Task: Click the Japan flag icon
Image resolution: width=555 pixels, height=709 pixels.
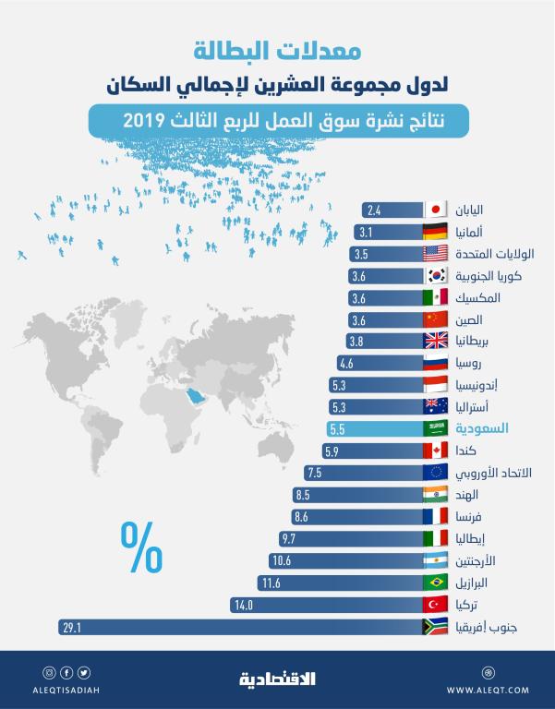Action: click(435, 210)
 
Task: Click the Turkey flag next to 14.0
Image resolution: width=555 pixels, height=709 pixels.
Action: click(435, 605)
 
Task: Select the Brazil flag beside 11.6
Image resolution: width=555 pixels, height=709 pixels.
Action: click(435, 583)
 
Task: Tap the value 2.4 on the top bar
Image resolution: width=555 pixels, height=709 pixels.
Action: click(374, 210)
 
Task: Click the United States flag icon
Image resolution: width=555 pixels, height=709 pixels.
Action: click(435, 254)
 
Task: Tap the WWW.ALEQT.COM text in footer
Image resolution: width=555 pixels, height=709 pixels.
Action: click(488, 690)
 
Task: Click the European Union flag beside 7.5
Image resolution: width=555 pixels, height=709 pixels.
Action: click(435, 473)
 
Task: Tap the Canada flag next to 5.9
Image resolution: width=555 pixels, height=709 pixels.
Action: click(435, 451)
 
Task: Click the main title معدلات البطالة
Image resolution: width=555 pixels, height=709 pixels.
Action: click(277, 48)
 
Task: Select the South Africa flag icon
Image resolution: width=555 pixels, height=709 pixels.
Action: click(435, 627)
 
